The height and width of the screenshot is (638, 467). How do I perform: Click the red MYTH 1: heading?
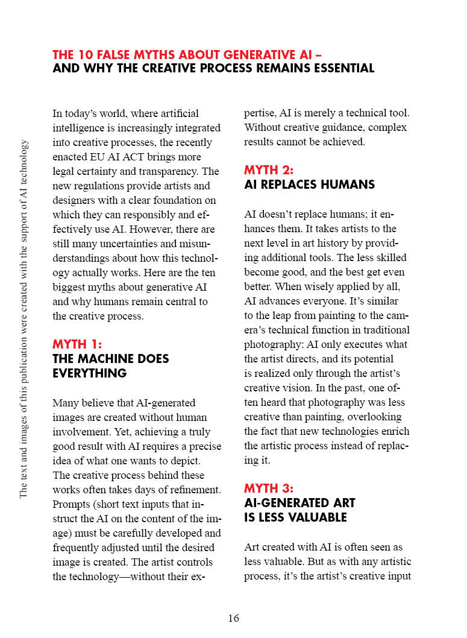(77, 344)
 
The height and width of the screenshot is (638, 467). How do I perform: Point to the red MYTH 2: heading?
(269, 170)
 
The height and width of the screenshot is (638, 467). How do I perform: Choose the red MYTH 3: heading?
(269, 488)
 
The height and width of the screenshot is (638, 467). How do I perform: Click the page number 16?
(233, 618)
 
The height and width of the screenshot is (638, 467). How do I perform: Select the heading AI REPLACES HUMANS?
(309, 185)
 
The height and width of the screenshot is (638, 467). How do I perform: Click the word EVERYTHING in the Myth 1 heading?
(90, 373)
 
